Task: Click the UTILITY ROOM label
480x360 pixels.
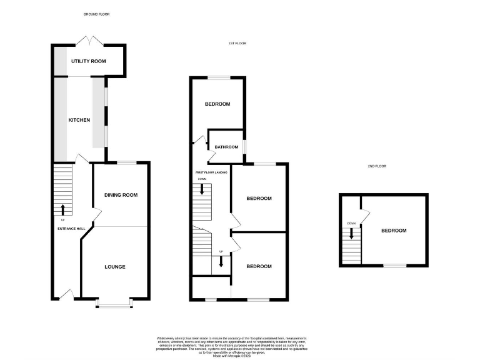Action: click(88, 61)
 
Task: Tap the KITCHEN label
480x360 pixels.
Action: click(79, 120)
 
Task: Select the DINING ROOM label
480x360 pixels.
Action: click(121, 195)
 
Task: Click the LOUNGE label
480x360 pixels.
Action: click(115, 267)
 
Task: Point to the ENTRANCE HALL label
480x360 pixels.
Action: click(71, 229)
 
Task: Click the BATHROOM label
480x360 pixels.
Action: click(226, 147)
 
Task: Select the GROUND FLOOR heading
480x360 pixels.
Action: click(96, 14)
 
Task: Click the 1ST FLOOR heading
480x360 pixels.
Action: click(237, 44)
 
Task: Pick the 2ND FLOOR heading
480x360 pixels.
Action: click(377, 166)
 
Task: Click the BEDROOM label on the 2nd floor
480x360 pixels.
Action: click(394, 231)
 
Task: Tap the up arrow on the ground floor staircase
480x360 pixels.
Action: click(62, 209)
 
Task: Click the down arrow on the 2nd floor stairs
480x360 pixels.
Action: click(351, 234)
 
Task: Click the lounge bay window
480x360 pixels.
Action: click(114, 305)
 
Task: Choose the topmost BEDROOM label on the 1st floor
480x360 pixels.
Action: click(218, 104)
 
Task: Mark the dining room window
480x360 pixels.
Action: click(127, 162)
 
